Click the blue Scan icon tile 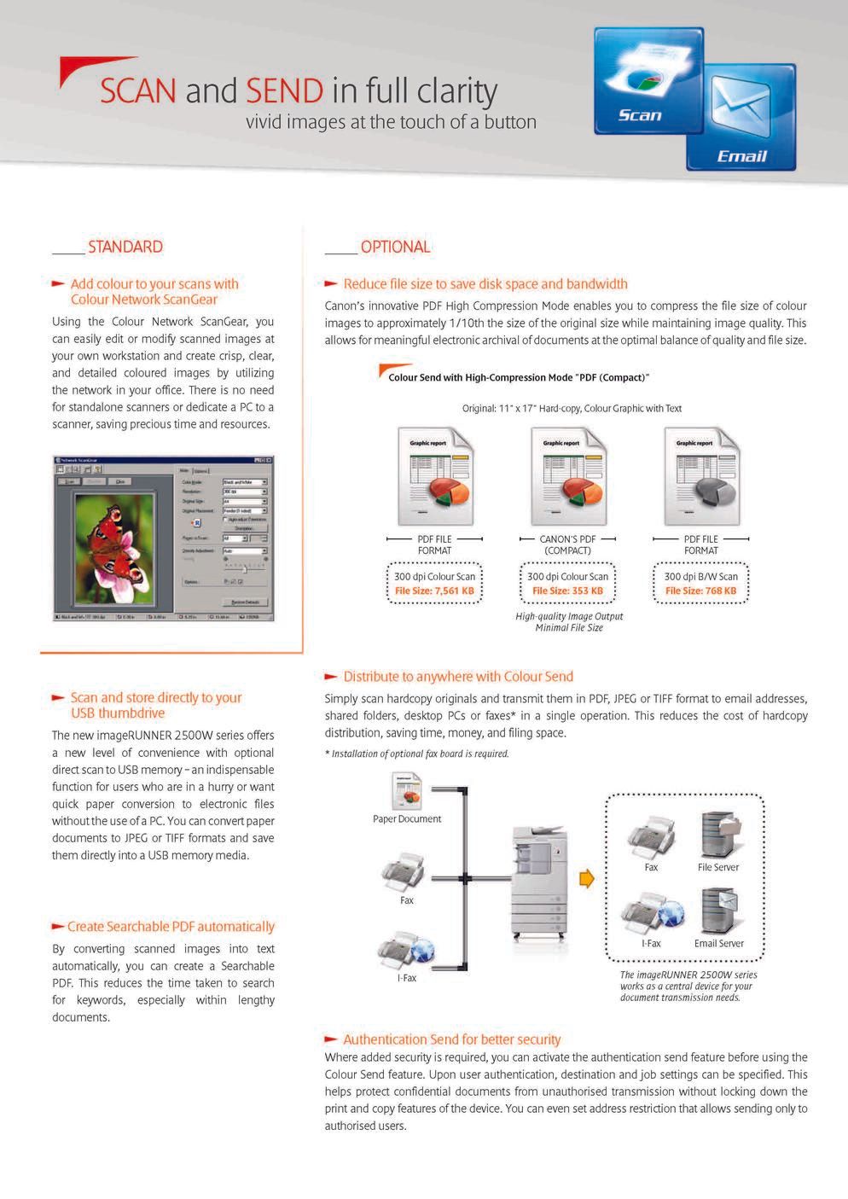648,81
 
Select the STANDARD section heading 125,247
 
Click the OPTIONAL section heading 395,247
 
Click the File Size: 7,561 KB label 434,591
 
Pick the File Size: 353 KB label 567,591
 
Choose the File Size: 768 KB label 700,591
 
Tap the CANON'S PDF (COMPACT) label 567,544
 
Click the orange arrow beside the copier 586,878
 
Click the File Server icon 717,835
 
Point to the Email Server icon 718,911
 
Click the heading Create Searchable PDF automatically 171,927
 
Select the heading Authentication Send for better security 451,1039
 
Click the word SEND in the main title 284,91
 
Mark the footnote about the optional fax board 416,754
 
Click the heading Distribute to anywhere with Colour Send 458,677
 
